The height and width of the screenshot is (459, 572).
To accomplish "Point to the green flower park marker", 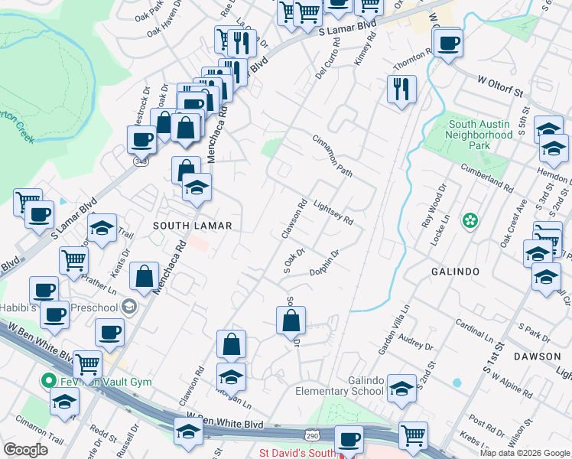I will (x=470, y=222).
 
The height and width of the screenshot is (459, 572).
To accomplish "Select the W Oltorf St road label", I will (x=503, y=86).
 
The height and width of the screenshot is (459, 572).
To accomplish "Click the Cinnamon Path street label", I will (x=332, y=156).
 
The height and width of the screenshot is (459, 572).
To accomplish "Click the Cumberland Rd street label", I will (x=486, y=177).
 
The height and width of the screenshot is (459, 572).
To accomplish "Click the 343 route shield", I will (x=139, y=161).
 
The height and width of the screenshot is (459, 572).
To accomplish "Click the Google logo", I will (x=25, y=449).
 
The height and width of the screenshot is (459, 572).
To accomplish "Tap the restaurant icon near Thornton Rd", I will (x=401, y=88).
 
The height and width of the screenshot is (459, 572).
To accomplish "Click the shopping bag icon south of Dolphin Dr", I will (x=291, y=321).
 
